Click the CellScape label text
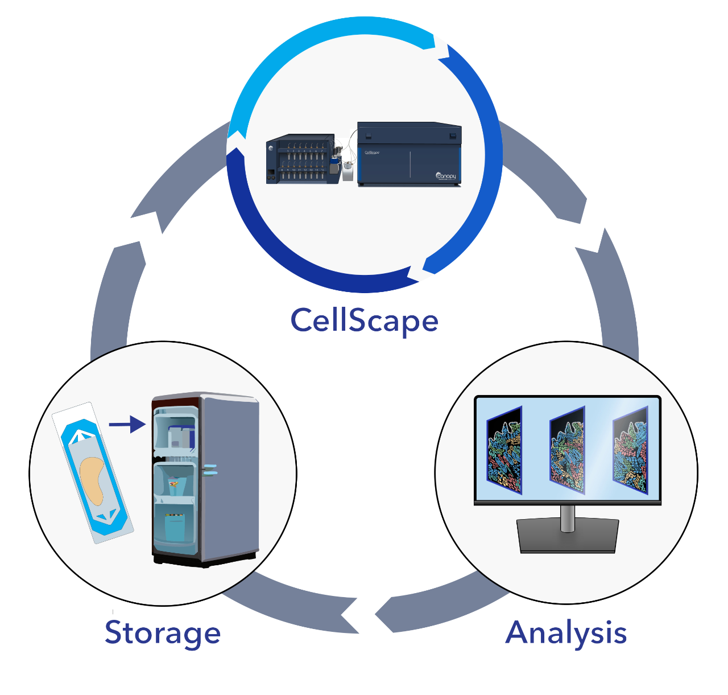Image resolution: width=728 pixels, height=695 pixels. click(364, 320)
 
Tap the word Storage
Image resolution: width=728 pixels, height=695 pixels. click(163, 632)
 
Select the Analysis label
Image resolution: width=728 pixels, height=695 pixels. click(566, 632)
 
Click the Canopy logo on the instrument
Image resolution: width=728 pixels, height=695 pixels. click(446, 176)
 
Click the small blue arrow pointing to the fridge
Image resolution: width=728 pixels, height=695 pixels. click(127, 424)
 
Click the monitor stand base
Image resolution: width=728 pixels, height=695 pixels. click(567, 536)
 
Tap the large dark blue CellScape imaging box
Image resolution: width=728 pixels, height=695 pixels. click(409, 154)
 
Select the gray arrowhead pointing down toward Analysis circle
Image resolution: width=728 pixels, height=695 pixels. click(591, 239)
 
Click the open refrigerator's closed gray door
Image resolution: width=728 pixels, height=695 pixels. click(230, 478)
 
